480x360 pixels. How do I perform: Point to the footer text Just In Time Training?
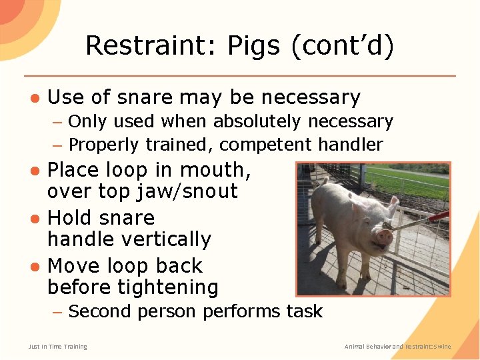(57, 347)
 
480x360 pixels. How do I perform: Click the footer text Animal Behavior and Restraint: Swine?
(397, 347)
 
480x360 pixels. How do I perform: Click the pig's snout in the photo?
(384, 235)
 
